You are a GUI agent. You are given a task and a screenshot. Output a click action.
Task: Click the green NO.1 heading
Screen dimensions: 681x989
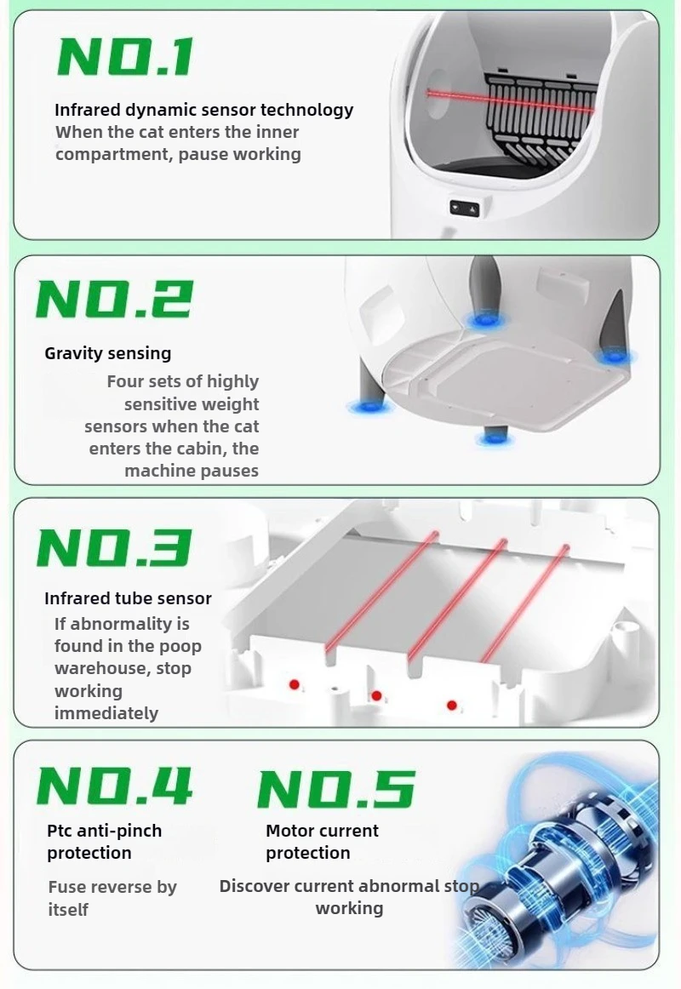(x=125, y=57)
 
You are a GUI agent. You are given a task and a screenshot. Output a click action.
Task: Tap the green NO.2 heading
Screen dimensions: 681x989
(x=113, y=299)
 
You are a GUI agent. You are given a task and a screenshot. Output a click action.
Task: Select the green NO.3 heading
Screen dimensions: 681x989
(x=114, y=547)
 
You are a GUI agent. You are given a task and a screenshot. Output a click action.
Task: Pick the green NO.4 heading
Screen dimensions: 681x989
(x=114, y=786)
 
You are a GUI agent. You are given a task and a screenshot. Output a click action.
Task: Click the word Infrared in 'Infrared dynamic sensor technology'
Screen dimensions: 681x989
(x=87, y=110)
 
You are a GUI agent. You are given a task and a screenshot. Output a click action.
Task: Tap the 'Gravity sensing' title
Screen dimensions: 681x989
(x=108, y=353)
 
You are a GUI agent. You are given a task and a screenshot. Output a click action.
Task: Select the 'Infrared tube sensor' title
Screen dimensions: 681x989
(x=128, y=598)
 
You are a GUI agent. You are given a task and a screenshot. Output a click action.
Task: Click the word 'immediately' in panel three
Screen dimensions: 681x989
(x=106, y=713)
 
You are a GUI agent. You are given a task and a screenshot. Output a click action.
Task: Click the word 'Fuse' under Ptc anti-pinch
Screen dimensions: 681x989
(x=67, y=887)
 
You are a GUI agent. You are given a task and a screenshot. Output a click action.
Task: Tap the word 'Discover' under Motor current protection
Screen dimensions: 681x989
(x=254, y=886)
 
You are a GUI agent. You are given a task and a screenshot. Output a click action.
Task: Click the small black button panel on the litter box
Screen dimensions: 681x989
(x=464, y=209)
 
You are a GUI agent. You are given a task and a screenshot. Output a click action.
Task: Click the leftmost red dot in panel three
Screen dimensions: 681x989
(x=294, y=684)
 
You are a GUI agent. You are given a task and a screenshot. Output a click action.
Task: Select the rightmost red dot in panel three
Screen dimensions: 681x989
(x=451, y=706)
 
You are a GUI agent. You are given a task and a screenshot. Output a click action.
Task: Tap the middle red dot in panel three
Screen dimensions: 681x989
(x=376, y=695)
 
